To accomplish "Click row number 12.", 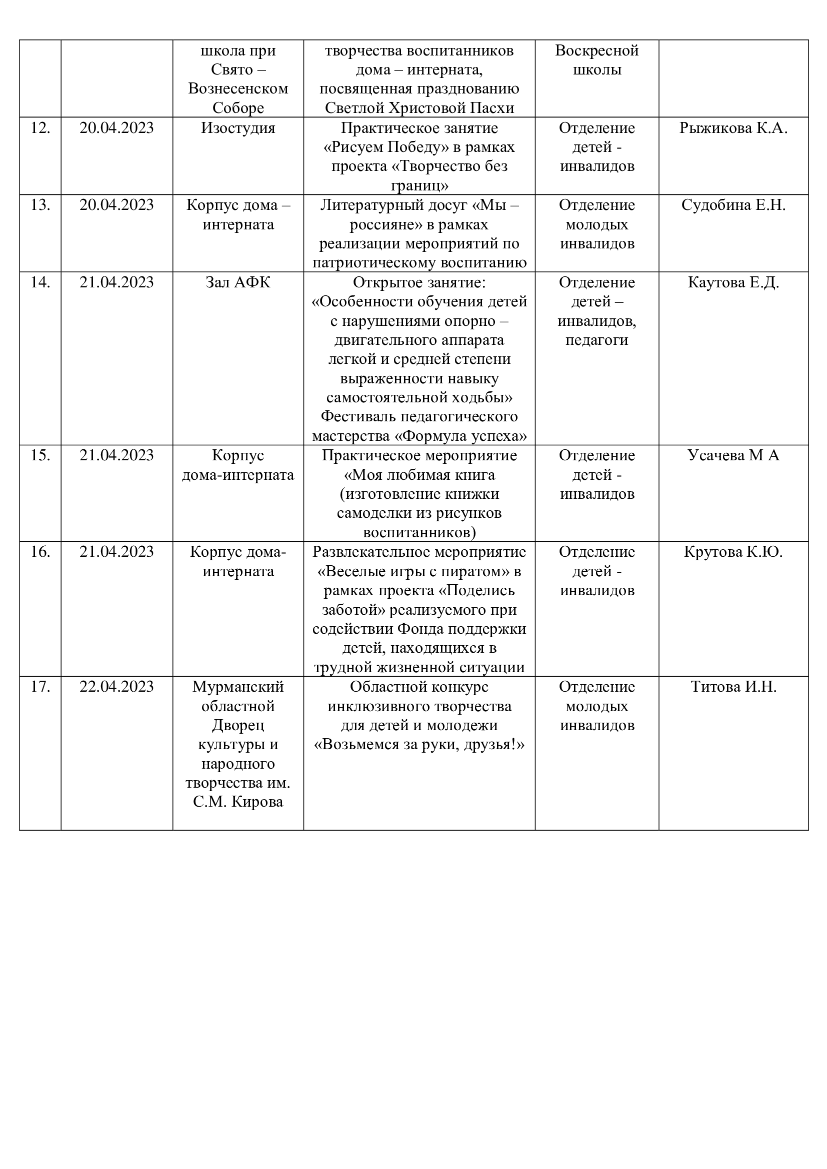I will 40,128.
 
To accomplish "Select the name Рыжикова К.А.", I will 733,128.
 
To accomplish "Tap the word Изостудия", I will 238,128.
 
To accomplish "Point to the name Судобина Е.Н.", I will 733,205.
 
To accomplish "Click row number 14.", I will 40,282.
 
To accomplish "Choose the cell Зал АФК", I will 238,282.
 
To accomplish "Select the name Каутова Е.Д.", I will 733,282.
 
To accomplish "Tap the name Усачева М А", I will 733,455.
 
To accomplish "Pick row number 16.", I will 40,552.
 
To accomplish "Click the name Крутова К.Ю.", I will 733,552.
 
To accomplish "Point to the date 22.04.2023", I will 116,687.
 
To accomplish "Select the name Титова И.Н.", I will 733,687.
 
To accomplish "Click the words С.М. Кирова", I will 238,802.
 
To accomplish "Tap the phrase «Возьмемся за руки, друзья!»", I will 419,744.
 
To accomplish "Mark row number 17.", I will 40,687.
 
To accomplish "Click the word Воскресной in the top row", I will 597,50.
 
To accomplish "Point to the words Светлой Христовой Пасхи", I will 419,108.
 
